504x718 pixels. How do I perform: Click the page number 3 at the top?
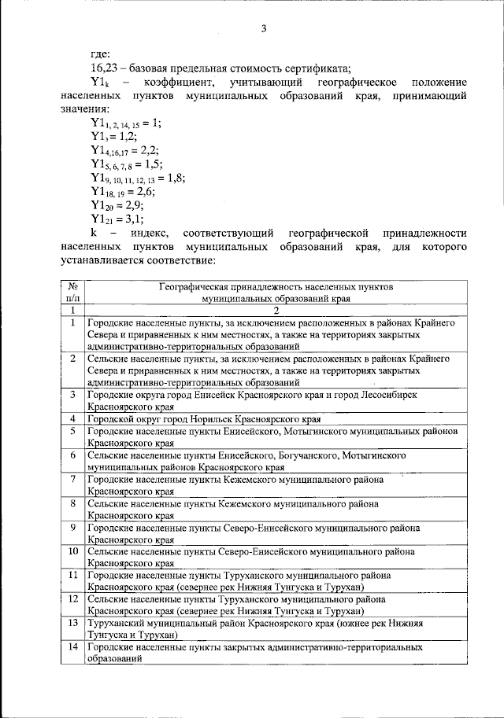coord(265,29)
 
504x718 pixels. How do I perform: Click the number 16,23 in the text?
coord(104,67)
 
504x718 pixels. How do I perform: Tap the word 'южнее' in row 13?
coord(390,624)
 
